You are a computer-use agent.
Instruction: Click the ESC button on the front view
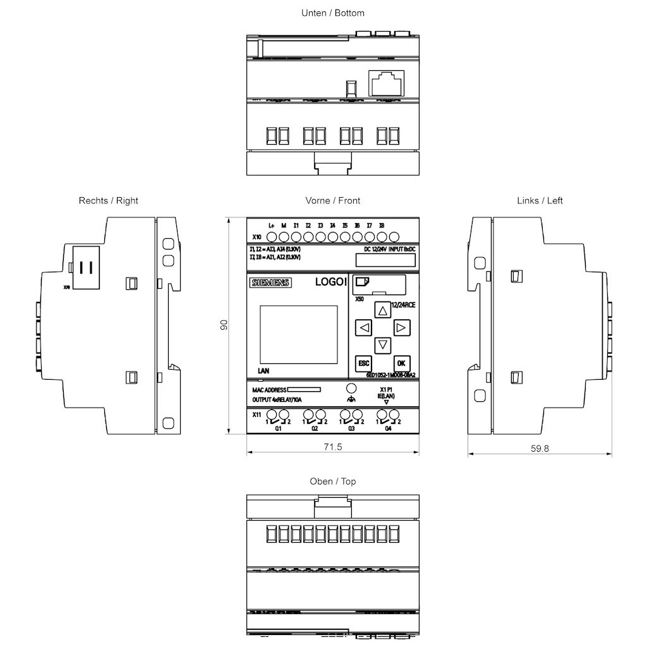tap(363, 363)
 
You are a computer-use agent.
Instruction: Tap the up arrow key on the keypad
tap(382, 310)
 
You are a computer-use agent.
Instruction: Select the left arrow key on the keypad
tap(363, 328)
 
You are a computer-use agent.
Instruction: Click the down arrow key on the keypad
tap(382, 345)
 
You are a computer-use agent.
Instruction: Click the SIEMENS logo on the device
tap(270, 283)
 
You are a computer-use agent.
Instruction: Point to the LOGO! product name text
tap(330, 282)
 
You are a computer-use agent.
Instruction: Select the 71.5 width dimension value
tap(333, 447)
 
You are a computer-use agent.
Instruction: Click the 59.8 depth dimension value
tap(540, 449)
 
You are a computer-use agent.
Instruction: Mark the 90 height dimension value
tap(224, 325)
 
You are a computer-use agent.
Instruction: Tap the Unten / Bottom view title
tap(333, 13)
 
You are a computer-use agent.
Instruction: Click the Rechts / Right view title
tap(109, 200)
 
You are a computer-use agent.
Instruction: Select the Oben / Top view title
tap(333, 481)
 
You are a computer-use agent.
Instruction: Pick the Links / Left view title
tap(540, 200)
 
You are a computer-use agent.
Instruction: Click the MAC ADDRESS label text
tap(269, 390)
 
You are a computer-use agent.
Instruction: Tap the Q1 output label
tap(277, 428)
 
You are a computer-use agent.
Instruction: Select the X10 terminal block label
tap(257, 238)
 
